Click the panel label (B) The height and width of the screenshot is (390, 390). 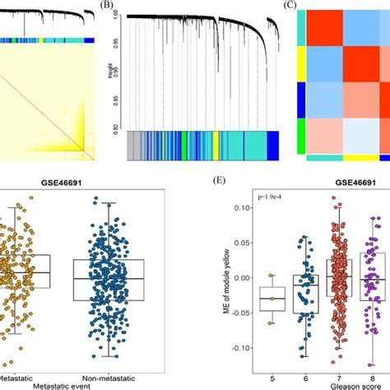106,6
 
